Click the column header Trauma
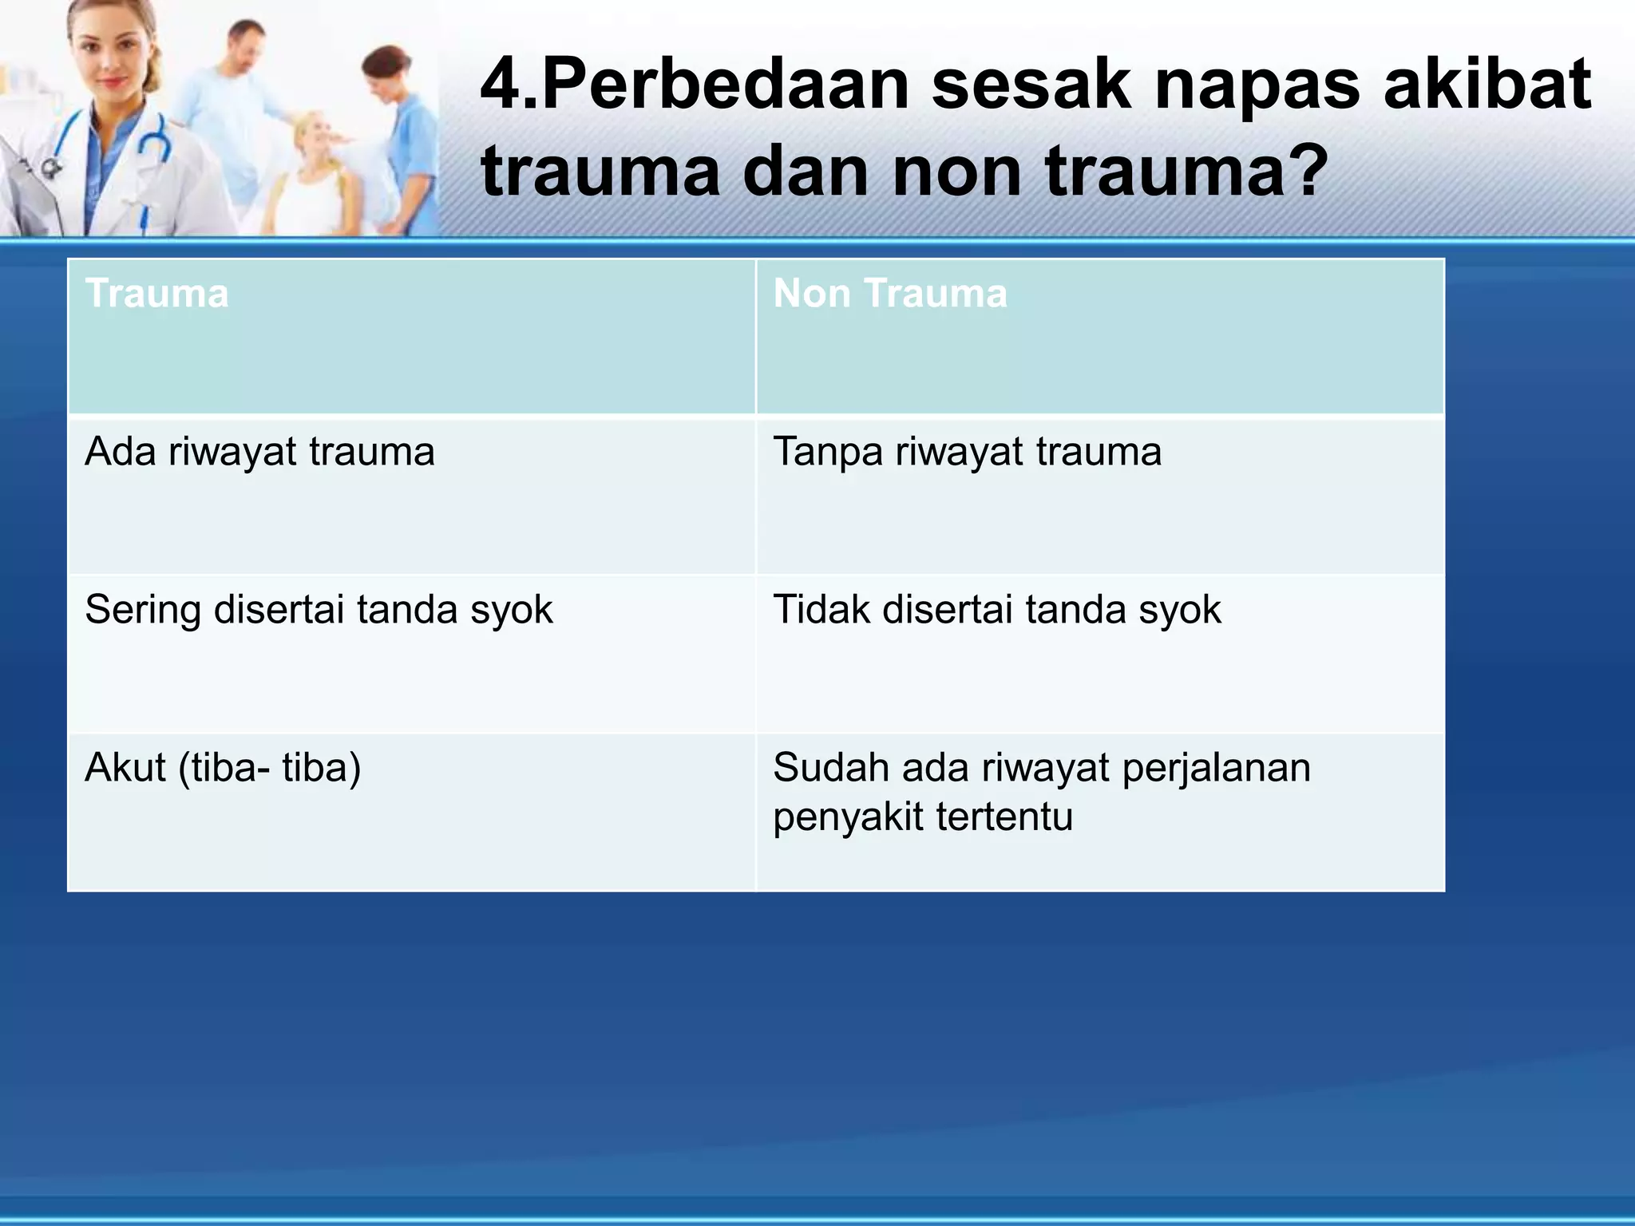click(157, 294)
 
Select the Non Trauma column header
click(890, 294)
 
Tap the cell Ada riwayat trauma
click(259, 452)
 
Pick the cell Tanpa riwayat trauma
click(967, 452)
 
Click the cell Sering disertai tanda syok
click(319, 610)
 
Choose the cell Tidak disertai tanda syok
click(996, 610)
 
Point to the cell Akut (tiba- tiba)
click(223, 768)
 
